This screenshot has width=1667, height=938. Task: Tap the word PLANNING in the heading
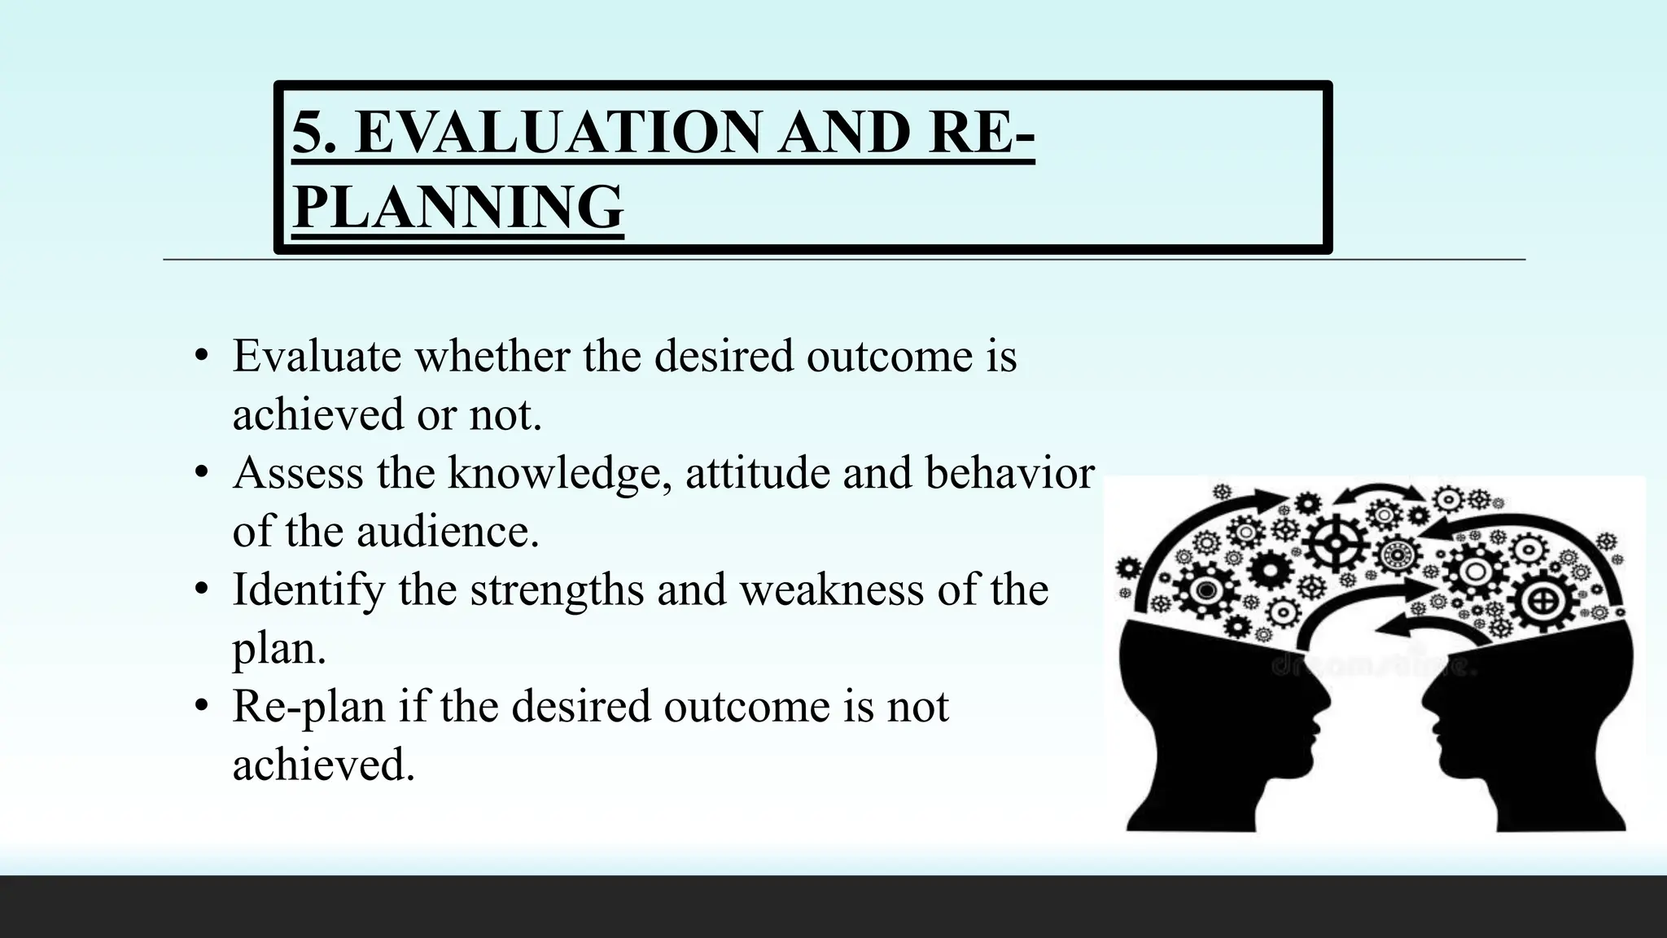click(457, 207)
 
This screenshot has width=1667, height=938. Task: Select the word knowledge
click(560, 474)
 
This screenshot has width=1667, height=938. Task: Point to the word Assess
click(298, 474)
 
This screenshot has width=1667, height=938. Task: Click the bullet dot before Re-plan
click(201, 705)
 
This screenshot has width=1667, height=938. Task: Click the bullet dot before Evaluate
click(201, 356)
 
